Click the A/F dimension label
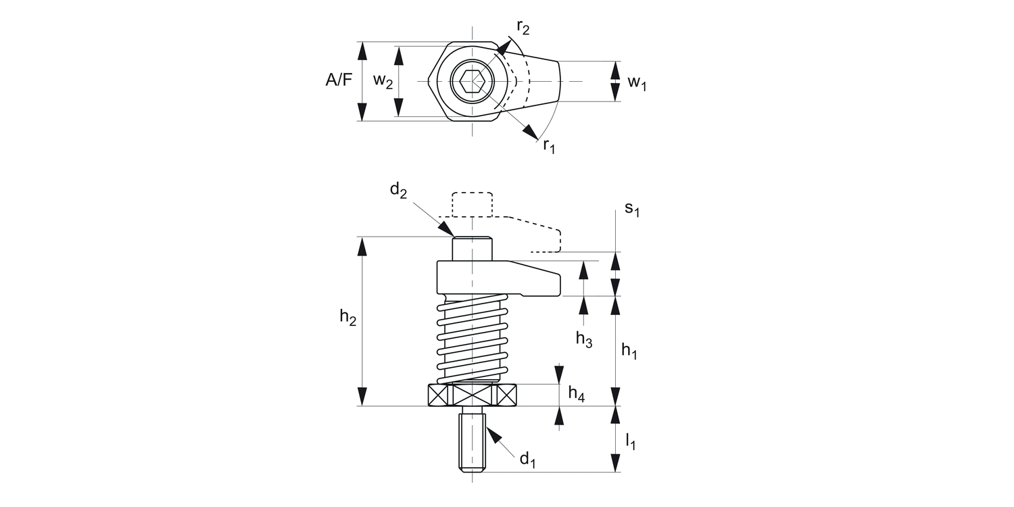point(339,80)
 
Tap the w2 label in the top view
point(383,81)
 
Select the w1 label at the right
point(637,83)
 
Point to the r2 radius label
point(523,28)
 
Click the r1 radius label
point(549,146)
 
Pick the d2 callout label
point(398,191)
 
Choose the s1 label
point(632,209)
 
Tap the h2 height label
point(348,317)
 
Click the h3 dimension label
point(584,339)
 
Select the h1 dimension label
point(629,351)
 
